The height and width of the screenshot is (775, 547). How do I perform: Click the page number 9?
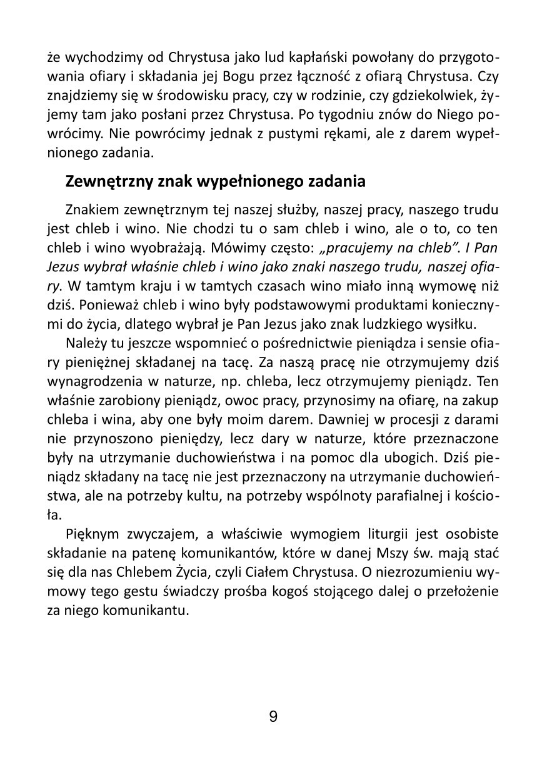[273, 716]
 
